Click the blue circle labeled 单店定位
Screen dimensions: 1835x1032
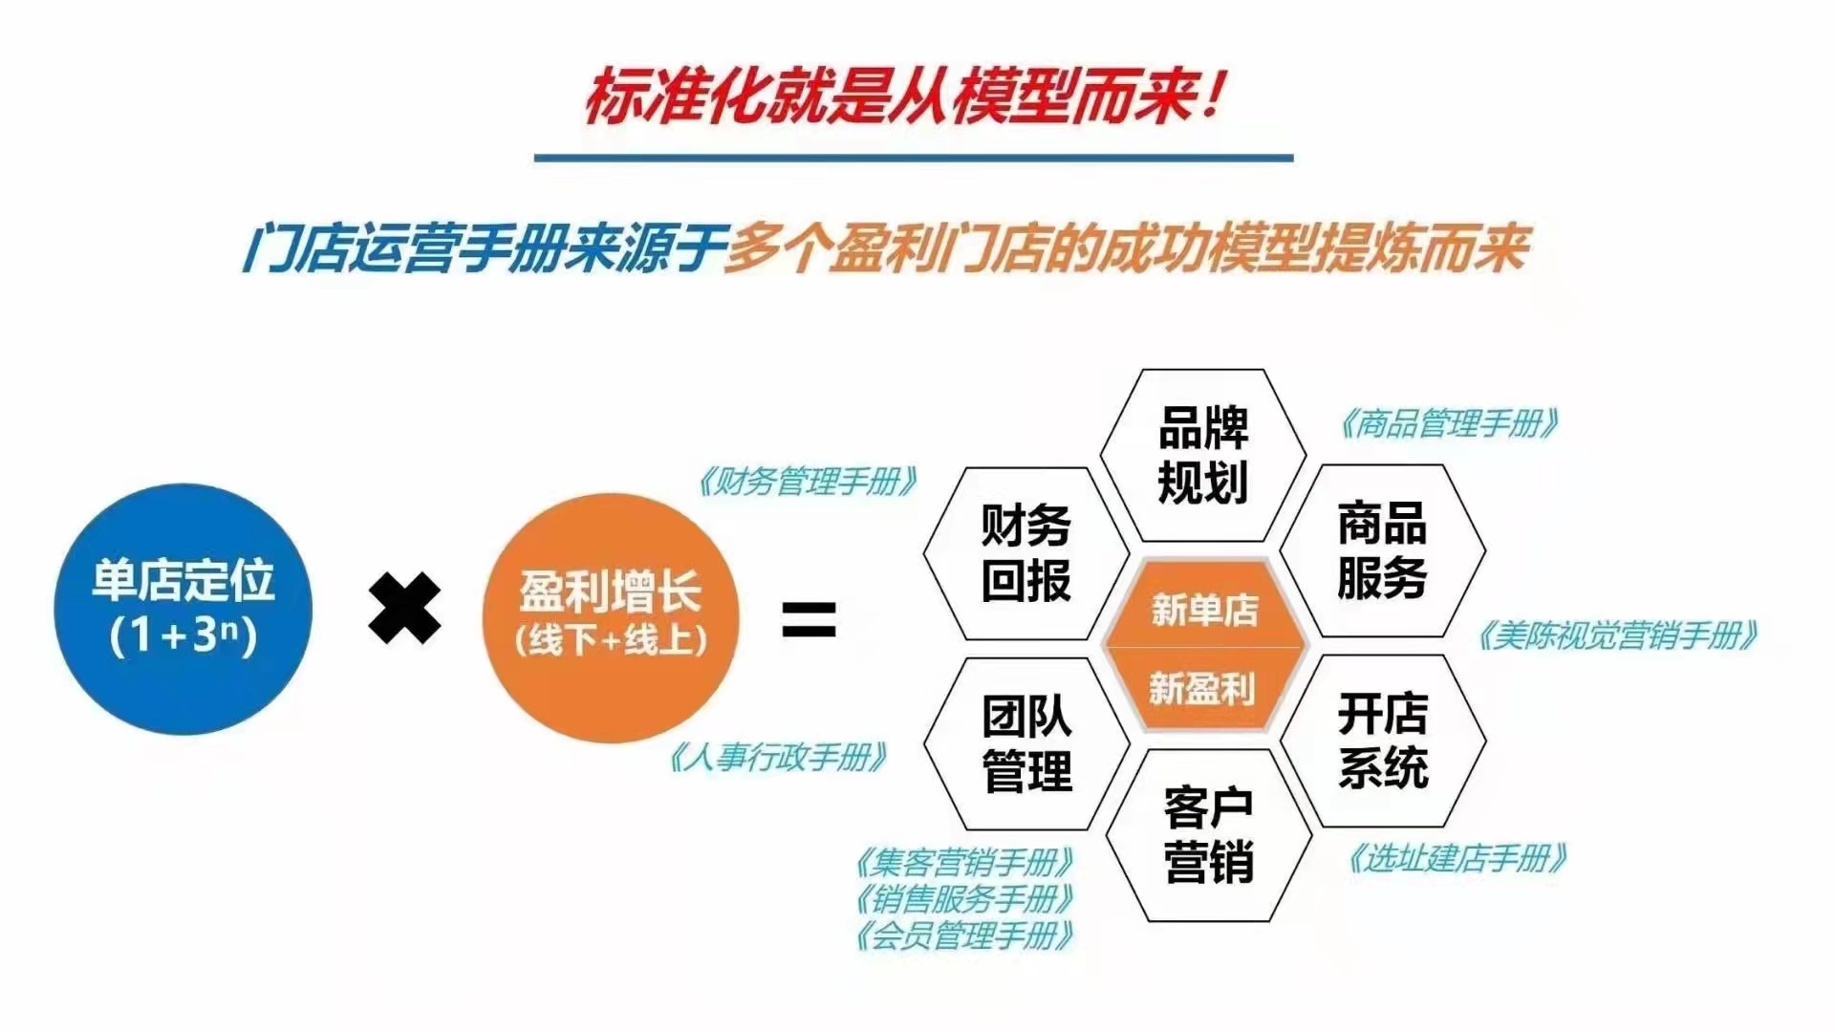[x=183, y=610]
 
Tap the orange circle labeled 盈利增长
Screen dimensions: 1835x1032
[x=611, y=617]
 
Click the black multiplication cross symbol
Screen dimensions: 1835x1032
[x=405, y=608]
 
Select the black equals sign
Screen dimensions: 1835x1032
[x=809, y=619]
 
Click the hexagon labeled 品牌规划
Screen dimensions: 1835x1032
[x=1203, y=455]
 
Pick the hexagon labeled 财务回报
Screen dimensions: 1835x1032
[x=1026, y=553]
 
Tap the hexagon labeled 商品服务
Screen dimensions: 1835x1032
[x=1382, y=550]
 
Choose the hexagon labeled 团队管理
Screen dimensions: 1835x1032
[x=1026, y=743]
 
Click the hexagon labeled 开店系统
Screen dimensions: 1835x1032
[x=1383, y=741]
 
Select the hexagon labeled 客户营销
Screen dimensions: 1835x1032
[x=1209, y=835]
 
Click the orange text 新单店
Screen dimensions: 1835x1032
[x=1204, y=609]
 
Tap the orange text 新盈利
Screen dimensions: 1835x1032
[x=1202, y=688]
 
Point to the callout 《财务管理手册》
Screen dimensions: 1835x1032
[x=808, y=481]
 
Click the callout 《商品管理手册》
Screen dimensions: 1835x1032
[x=1449, y=422]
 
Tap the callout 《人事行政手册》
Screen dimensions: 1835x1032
[x=777, y=757]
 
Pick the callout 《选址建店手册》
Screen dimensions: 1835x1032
[x=1457, y=858]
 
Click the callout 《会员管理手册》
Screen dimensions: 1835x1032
[x=964, y=935]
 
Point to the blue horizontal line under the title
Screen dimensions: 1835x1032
[x=914, y=158]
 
